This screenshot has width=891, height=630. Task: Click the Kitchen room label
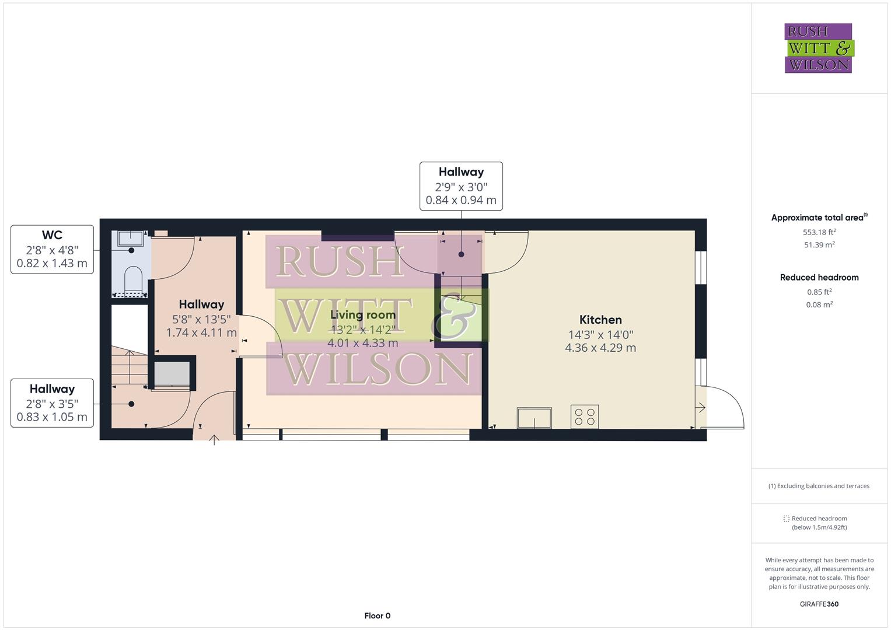tap(600, 320)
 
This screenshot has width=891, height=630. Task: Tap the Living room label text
tap(362, 315)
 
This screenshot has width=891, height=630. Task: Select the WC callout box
tap(52, 249)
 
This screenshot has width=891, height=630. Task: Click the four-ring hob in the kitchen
tap(584, 416)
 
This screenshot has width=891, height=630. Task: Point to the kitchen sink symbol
tap(534, 418)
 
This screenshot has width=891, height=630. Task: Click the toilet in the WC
tap(134, 278)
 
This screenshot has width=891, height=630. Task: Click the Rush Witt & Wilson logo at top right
tap(818, 48)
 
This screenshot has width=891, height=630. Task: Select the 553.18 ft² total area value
tap(819, 232)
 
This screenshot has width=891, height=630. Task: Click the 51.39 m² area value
tap(819, 245)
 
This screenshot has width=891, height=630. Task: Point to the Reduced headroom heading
tap(819, 278)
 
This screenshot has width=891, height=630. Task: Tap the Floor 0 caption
tap(377, 615)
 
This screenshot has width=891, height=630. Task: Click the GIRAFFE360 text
tap(819, 604)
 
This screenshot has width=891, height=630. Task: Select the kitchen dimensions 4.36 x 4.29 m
tap(600, 348)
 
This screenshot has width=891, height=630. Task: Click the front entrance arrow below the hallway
tap(214, 439)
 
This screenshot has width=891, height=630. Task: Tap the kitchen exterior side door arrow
tap(701, 408)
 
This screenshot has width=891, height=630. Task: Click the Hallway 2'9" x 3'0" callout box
tap(461, 186)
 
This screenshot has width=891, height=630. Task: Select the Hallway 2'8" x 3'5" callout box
tap(52, 403)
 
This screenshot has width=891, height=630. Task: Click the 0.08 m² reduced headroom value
tap(819, 304)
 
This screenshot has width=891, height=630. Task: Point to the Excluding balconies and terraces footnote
tap(819, 486)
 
